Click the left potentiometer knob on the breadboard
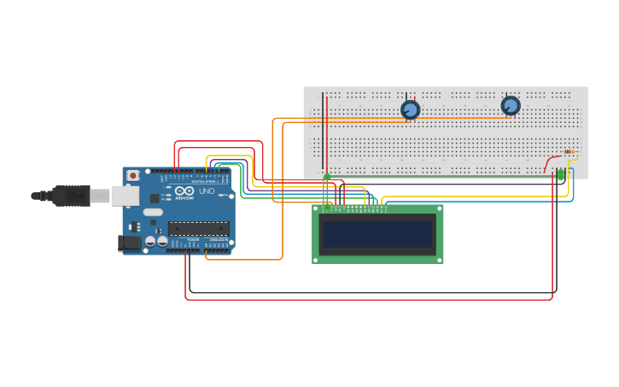click(410, 109)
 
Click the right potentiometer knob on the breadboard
click(511, 106)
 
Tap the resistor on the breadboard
click(569, 152)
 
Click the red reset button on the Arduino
click(132, 175)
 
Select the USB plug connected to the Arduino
click(73, 196)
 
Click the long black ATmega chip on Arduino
click(198, 228)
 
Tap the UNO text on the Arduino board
click(207, 191)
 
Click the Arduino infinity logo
click(184, 191)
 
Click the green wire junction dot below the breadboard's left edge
click(326, 177)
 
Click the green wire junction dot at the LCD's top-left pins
click(326, 206)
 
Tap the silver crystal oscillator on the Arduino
click(153, 212)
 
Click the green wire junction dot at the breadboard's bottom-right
click(561, 174)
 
